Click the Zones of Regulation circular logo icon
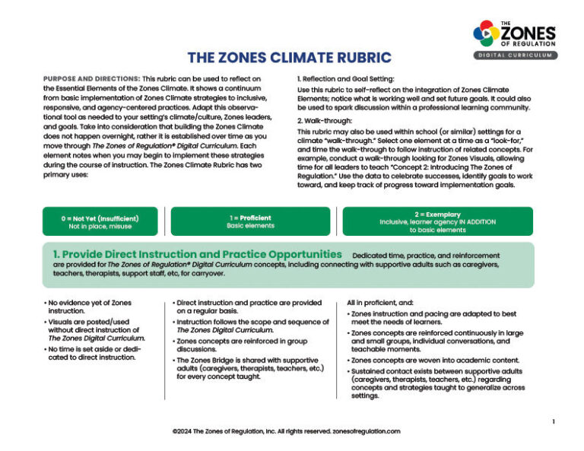(x=486, y=33)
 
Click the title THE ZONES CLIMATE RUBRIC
(x=289, y=58)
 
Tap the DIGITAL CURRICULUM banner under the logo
(x=515, y=56)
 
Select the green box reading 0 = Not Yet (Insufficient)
(x=100, y=221)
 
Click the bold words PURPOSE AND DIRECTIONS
(x=90, y=79)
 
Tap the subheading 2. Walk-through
(x=325, y=121)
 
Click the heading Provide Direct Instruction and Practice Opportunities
(x=196, y=254)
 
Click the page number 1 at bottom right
(x=554, y=421)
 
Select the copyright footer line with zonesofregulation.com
(x=286, y=431)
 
